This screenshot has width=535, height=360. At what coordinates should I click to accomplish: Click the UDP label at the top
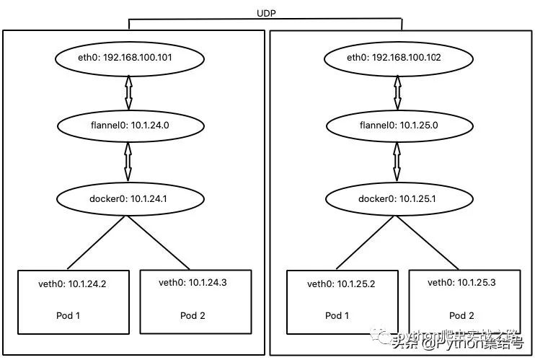265,13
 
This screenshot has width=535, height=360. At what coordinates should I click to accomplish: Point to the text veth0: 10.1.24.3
193,282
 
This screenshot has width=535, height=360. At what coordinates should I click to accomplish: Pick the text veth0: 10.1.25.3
461,282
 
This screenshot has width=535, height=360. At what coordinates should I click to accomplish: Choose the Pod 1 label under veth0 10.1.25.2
337,315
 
